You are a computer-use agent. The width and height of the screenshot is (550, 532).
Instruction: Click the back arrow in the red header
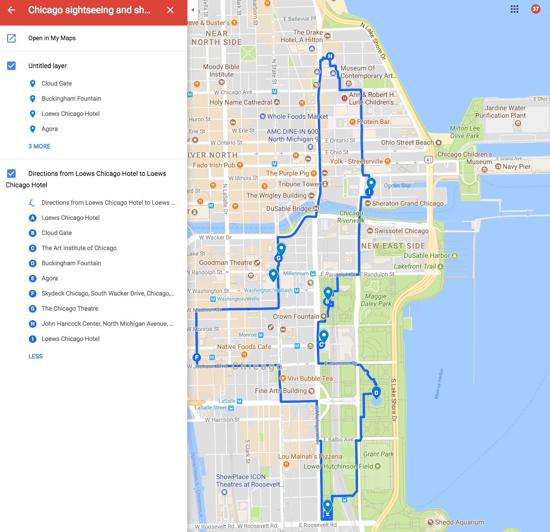coord(12,10)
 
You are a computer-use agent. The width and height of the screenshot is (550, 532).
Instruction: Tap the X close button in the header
coord(170,10)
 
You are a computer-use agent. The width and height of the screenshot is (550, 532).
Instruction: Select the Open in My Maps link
coord(52,38)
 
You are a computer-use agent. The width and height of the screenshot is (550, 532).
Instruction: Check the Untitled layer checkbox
coord(12,66)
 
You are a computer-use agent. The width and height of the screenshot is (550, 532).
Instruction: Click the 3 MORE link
coord(39,146)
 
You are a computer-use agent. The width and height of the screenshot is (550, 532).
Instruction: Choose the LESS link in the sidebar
coord(35,356)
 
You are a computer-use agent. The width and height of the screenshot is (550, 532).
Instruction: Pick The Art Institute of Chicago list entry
coord(79,248)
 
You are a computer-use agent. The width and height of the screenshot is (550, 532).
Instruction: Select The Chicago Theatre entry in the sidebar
coord(70,308)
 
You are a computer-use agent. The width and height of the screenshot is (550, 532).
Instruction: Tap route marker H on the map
coord(330,56)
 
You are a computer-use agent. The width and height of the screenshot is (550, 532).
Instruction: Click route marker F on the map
coord(197,358)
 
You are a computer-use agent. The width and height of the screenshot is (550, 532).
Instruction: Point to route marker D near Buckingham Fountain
coord(376,392)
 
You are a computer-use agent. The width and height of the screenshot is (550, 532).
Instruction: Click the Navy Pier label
coord(516,166)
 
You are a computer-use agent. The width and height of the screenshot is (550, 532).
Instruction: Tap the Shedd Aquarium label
coord(459,522)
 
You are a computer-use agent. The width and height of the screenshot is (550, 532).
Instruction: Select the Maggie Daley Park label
coord(376,300)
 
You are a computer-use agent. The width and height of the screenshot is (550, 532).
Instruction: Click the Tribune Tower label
coord(299,184)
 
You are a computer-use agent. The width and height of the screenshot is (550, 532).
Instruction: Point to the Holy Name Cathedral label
coord(241,102)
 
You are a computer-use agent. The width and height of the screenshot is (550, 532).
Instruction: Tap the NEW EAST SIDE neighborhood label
coord(393,246)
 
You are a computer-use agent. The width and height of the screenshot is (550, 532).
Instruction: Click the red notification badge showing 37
coord(535,9)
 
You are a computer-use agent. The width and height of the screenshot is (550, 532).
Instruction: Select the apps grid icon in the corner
coord(515,9)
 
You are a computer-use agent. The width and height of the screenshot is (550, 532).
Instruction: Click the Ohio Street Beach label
coord(407,142)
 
